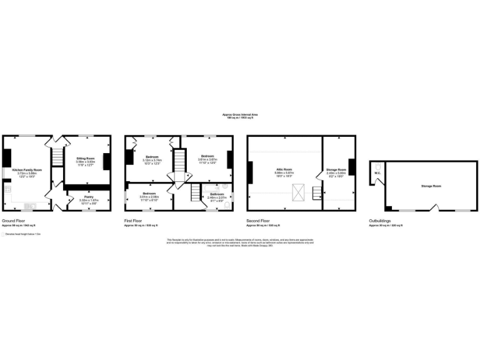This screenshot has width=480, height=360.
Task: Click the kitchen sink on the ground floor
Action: tap(29, 206)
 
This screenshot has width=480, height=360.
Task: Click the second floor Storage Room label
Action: tap(336, 169)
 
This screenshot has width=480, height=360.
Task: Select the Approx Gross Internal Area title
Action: tap(240, 114)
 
